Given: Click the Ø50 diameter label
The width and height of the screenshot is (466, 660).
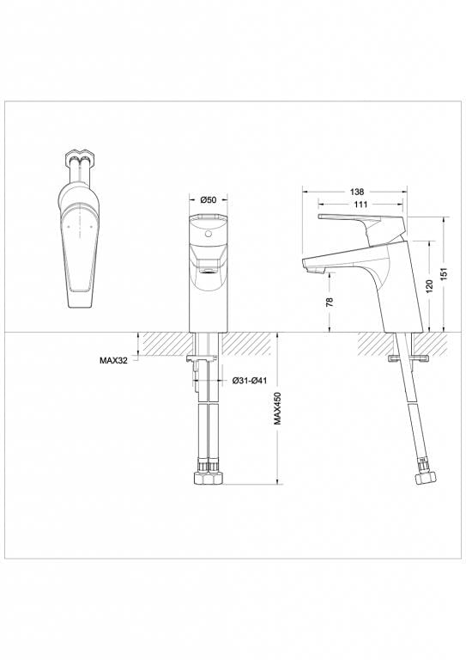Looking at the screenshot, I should (x=208, y=200).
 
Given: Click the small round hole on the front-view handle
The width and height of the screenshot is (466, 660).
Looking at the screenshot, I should (x=207, y=233).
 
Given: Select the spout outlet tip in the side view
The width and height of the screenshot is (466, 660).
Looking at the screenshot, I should (x=312, y=268).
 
